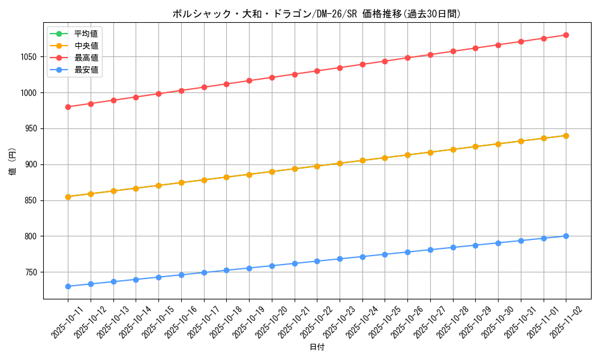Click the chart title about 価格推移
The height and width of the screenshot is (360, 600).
[316, 14]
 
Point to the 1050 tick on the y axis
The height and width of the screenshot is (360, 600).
[29, 57]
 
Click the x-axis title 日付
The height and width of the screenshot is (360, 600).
[316, 347]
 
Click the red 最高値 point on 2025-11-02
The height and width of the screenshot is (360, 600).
[566, 35]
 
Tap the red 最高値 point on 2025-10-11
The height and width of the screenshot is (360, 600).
[68, 107]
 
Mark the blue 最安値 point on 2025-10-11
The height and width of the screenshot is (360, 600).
[68, 286]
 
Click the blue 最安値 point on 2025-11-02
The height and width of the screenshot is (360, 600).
[566, 236]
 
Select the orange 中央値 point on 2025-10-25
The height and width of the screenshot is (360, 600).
[385, 158]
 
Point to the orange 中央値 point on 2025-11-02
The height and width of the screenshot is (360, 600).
[566, 136]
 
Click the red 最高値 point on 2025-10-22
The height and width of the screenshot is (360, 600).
[317, 71]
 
